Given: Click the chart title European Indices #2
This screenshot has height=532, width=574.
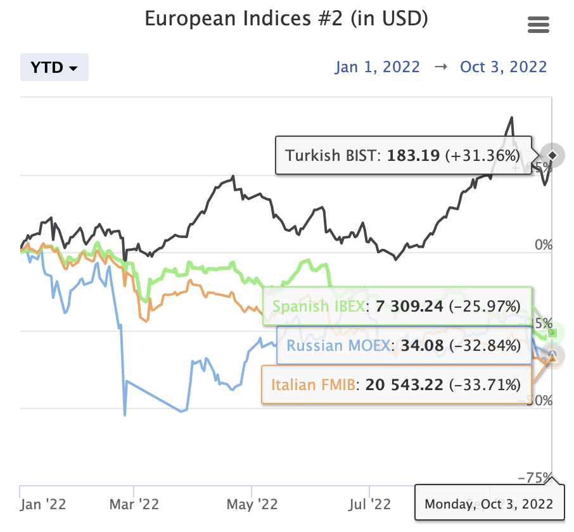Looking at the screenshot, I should [x=286, y=19].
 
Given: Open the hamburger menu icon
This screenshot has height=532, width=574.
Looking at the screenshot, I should [x=538, y=25].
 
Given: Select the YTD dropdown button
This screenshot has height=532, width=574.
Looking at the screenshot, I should [x=54, y=67].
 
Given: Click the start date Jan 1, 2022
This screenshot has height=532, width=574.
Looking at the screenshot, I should [x=378, y=67].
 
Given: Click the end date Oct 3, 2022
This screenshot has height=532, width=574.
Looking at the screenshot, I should [x=503, y=67].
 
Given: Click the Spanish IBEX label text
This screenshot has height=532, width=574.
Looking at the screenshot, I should [x=318, y=307].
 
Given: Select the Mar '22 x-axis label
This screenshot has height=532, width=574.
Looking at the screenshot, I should [x=134, y=504].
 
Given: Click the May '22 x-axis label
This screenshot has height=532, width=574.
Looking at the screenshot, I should [x=252, y=504].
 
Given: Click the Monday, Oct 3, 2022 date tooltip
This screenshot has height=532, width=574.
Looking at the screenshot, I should [x=488, y=505].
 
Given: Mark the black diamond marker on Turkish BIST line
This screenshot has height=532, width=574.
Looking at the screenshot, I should [x=552, y=155].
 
